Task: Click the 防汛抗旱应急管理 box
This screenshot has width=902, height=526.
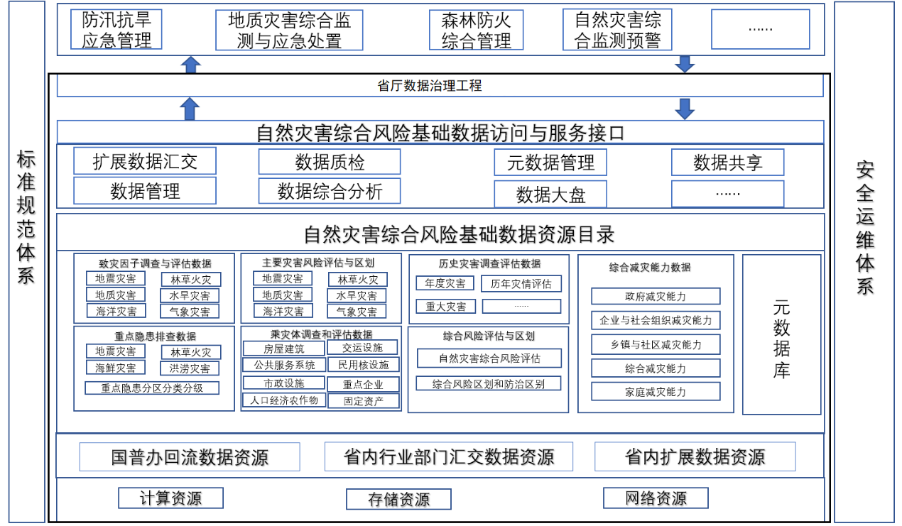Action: click(x=116, y=30)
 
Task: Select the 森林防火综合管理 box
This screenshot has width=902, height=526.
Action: click(x=476, y=30)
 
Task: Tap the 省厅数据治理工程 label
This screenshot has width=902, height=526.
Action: click(x=430, y=86)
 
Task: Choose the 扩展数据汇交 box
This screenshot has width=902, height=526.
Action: click(x=145, y=161)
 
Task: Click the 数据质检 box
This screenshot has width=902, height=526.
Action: click(x=330, y=162)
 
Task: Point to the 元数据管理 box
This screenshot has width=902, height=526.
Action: click(x=550, y=163)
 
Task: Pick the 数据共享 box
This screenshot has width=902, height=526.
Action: click(x=727, y=163)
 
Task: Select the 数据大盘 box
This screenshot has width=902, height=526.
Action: click(x=550, y=194)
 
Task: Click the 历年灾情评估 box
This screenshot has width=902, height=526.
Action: click(x=521, y=284)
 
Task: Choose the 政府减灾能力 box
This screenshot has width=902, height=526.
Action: click(x=656, y=296)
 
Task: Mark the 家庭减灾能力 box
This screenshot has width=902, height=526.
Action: click(x=656, y=391)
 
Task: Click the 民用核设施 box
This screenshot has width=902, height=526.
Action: click(x=363, y=365)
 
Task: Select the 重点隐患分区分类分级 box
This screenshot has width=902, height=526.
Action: click(x=152, y=388)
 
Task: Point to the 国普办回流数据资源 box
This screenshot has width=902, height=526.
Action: click(x=190, y=456)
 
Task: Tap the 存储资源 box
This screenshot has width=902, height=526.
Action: click(x=398, y=499)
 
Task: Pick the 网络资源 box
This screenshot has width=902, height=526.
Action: click(x=656, y=498)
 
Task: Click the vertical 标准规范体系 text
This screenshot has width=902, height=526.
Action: click(x=26, y=217)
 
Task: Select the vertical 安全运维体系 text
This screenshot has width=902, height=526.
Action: click(x=864, y=227)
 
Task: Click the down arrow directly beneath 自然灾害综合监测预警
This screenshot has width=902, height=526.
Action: click(x=685, y=63)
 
